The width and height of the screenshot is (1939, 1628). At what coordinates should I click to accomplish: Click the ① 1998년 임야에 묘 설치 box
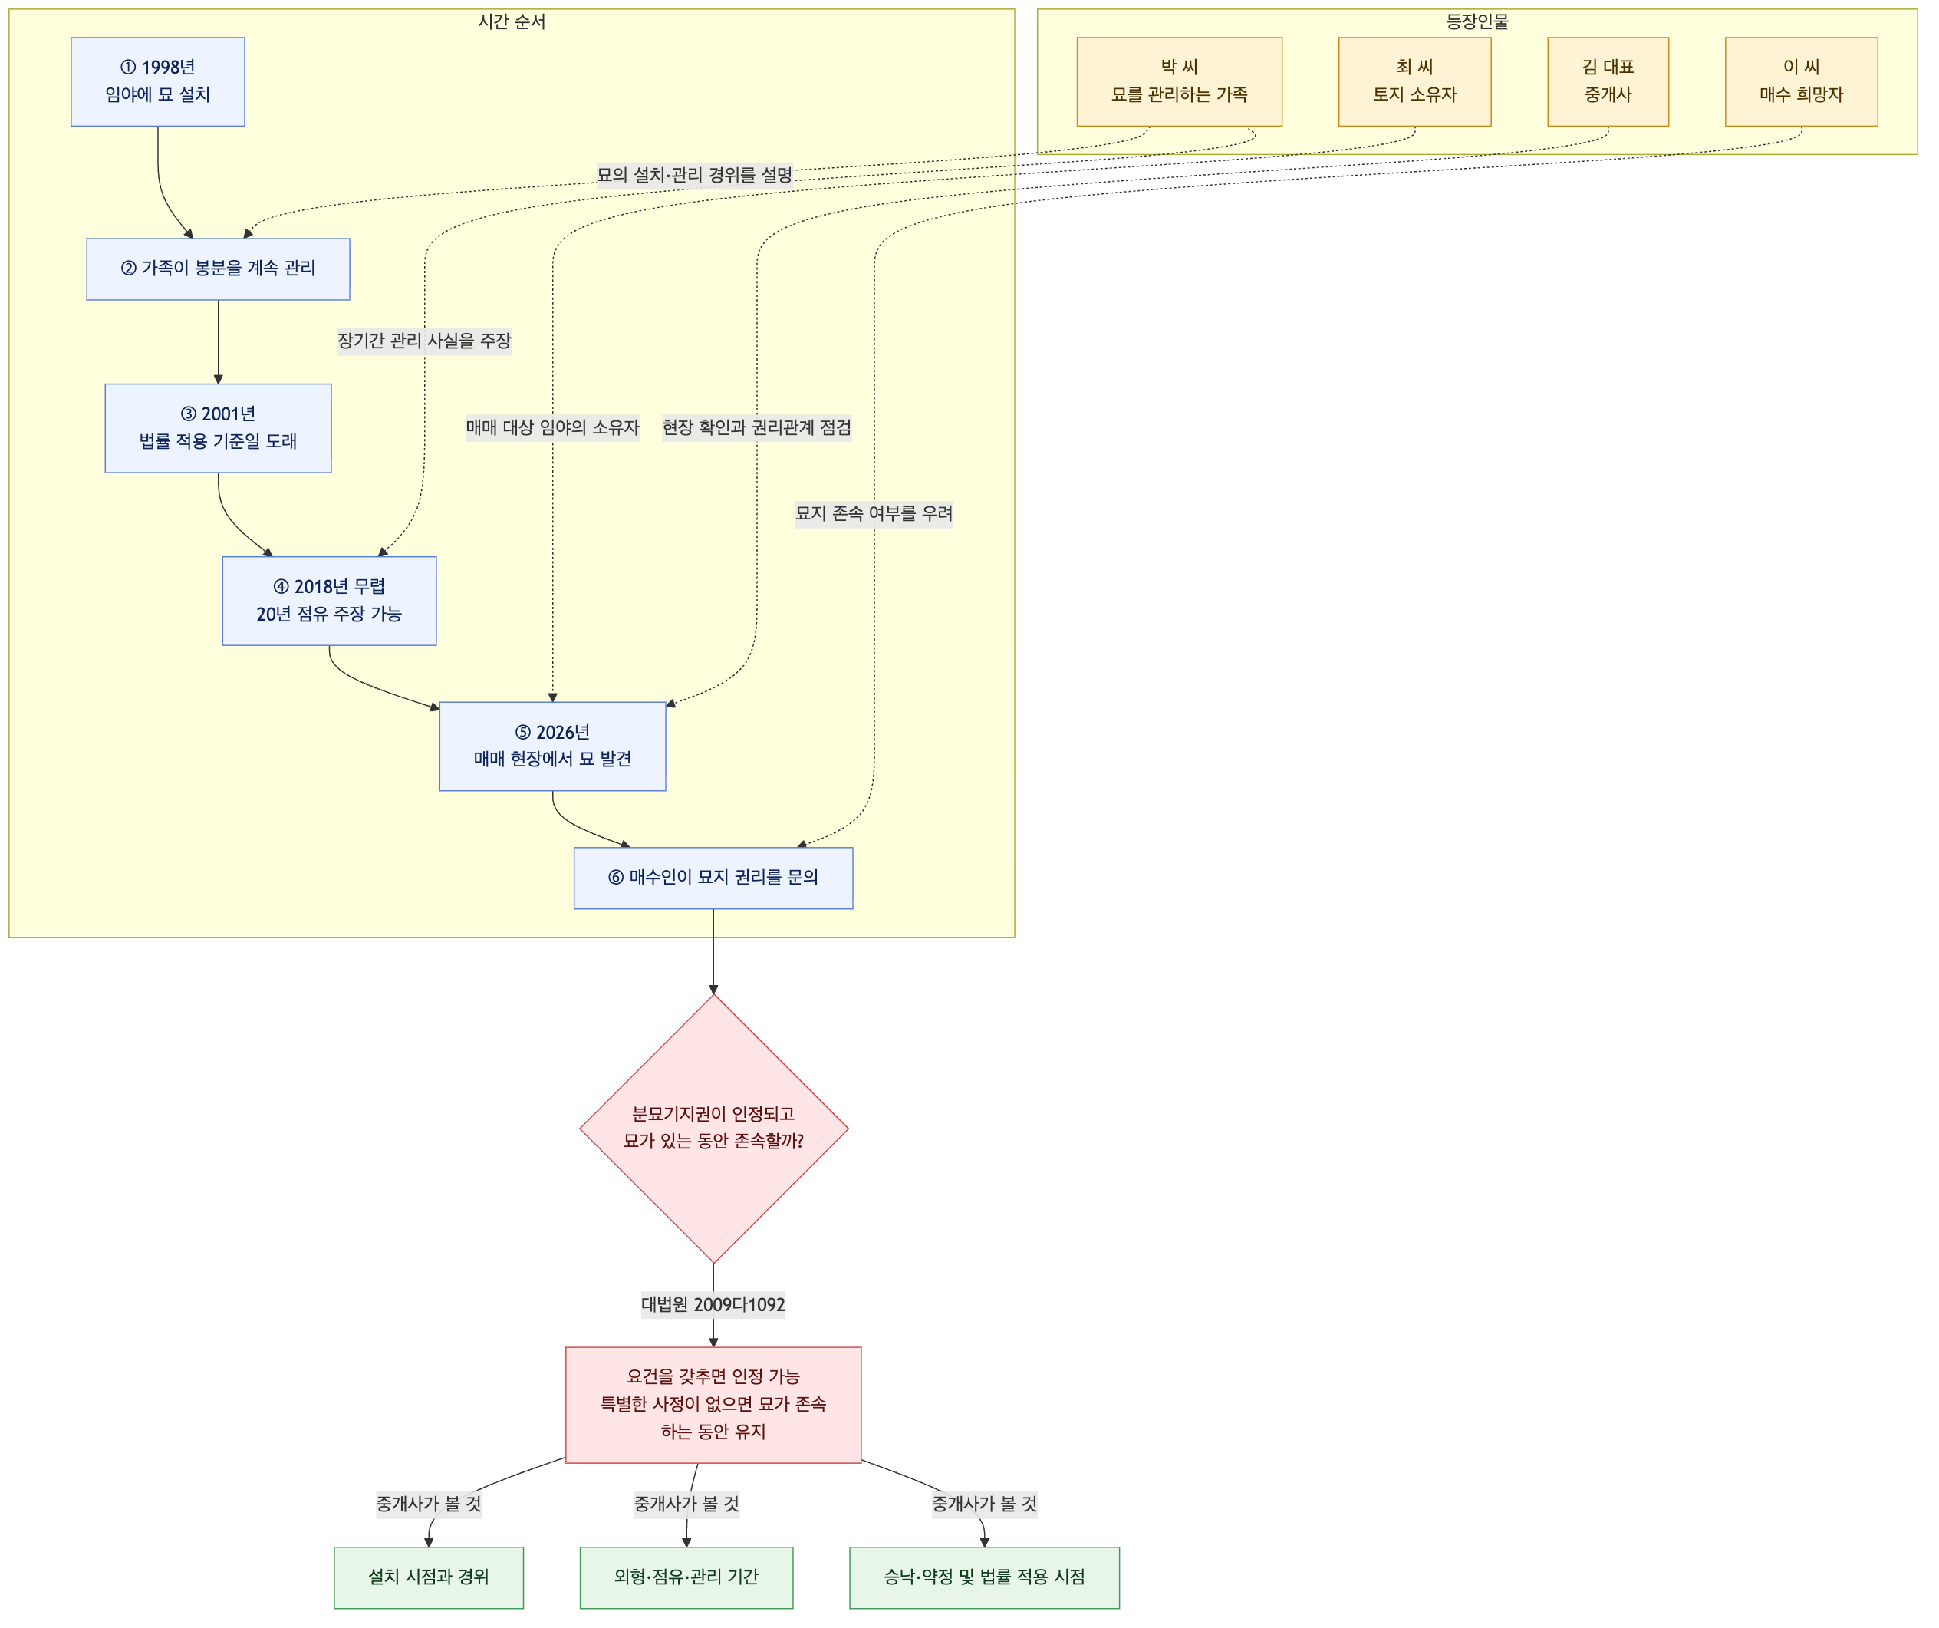point(158,82)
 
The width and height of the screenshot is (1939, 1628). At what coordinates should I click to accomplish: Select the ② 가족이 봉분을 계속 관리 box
point(218,269)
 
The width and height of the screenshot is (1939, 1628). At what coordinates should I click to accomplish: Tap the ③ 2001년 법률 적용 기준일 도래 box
point(218,428)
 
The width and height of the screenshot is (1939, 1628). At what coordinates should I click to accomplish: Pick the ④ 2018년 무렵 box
point(330,601)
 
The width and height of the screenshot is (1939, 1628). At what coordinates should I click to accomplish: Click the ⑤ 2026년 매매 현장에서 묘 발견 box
point(552,746)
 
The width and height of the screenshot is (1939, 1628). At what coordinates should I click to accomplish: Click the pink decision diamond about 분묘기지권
point(714,1129)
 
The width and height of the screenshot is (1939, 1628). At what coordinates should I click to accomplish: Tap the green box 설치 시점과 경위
point(429,1577)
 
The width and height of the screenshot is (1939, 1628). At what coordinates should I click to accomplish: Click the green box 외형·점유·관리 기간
point(686,1577)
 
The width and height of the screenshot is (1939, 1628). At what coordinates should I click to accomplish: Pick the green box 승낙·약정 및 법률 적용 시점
point(984,1577)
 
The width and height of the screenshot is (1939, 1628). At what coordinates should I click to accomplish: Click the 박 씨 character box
point(1179,82)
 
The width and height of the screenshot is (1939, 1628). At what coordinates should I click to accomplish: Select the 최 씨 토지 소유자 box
point(1414,82)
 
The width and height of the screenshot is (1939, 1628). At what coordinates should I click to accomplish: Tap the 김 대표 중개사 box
point(1608,82)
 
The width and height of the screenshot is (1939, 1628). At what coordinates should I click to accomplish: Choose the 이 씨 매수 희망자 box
point(1802,82)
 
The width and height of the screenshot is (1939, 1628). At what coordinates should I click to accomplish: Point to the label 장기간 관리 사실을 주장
point(424,341)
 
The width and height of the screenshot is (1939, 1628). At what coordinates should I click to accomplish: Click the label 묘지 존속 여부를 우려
point(874,513)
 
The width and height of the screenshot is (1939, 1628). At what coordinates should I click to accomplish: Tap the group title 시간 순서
point(512,22)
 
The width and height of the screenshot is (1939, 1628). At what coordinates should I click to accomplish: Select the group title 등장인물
point(1477,22)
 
